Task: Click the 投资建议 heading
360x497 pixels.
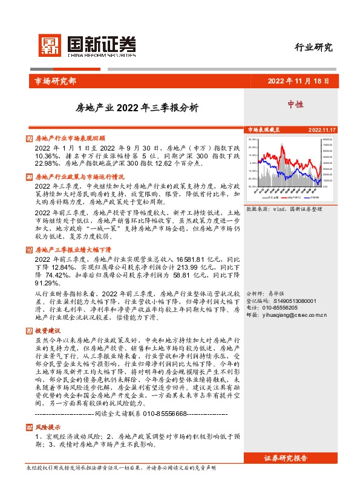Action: click(x=48, y=331)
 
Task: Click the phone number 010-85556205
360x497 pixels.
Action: click(x=288, y=308)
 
